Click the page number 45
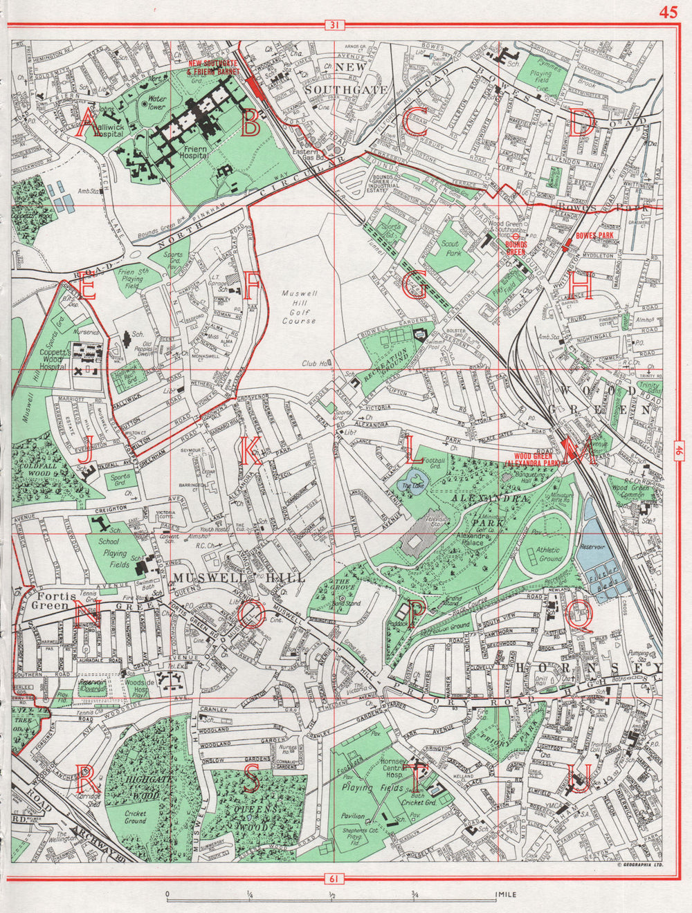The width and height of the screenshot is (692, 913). click(668, 12)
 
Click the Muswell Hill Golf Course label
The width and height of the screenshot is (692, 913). click(299, 307)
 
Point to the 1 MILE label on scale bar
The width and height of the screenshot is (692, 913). click(505, 895)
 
